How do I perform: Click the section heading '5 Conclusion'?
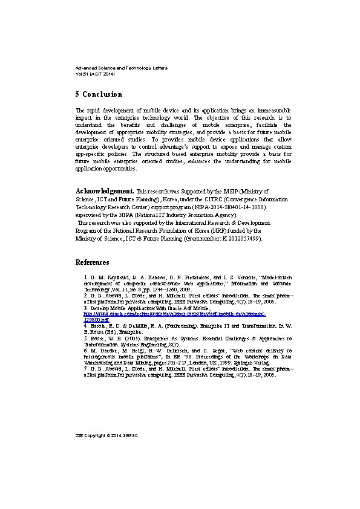[99, 94]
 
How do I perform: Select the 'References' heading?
[92, 262]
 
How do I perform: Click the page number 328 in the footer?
[79, 435]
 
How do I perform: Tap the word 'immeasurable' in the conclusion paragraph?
[270, 110]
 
